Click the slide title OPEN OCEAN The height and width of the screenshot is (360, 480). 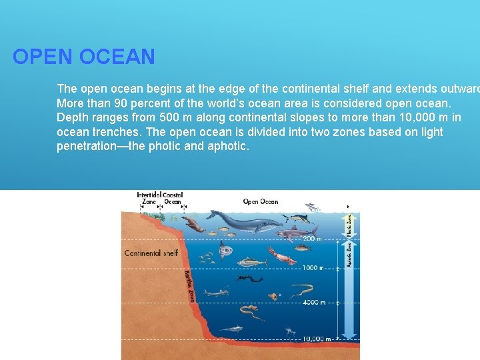click(83, 57)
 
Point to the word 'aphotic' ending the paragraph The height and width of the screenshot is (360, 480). click(228, 146)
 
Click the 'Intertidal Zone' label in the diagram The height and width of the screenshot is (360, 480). click(149, 198)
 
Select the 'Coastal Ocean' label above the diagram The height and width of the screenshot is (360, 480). click(173, 198)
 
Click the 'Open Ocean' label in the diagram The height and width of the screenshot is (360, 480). click(260, 201)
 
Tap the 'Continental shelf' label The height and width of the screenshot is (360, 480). click(151, 253)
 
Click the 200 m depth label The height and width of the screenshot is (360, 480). click(311, 238)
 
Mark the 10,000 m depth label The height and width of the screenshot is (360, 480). click(316, 339)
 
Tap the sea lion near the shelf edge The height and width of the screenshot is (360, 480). click(193, 225)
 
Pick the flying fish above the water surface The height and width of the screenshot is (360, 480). click(311, 207)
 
